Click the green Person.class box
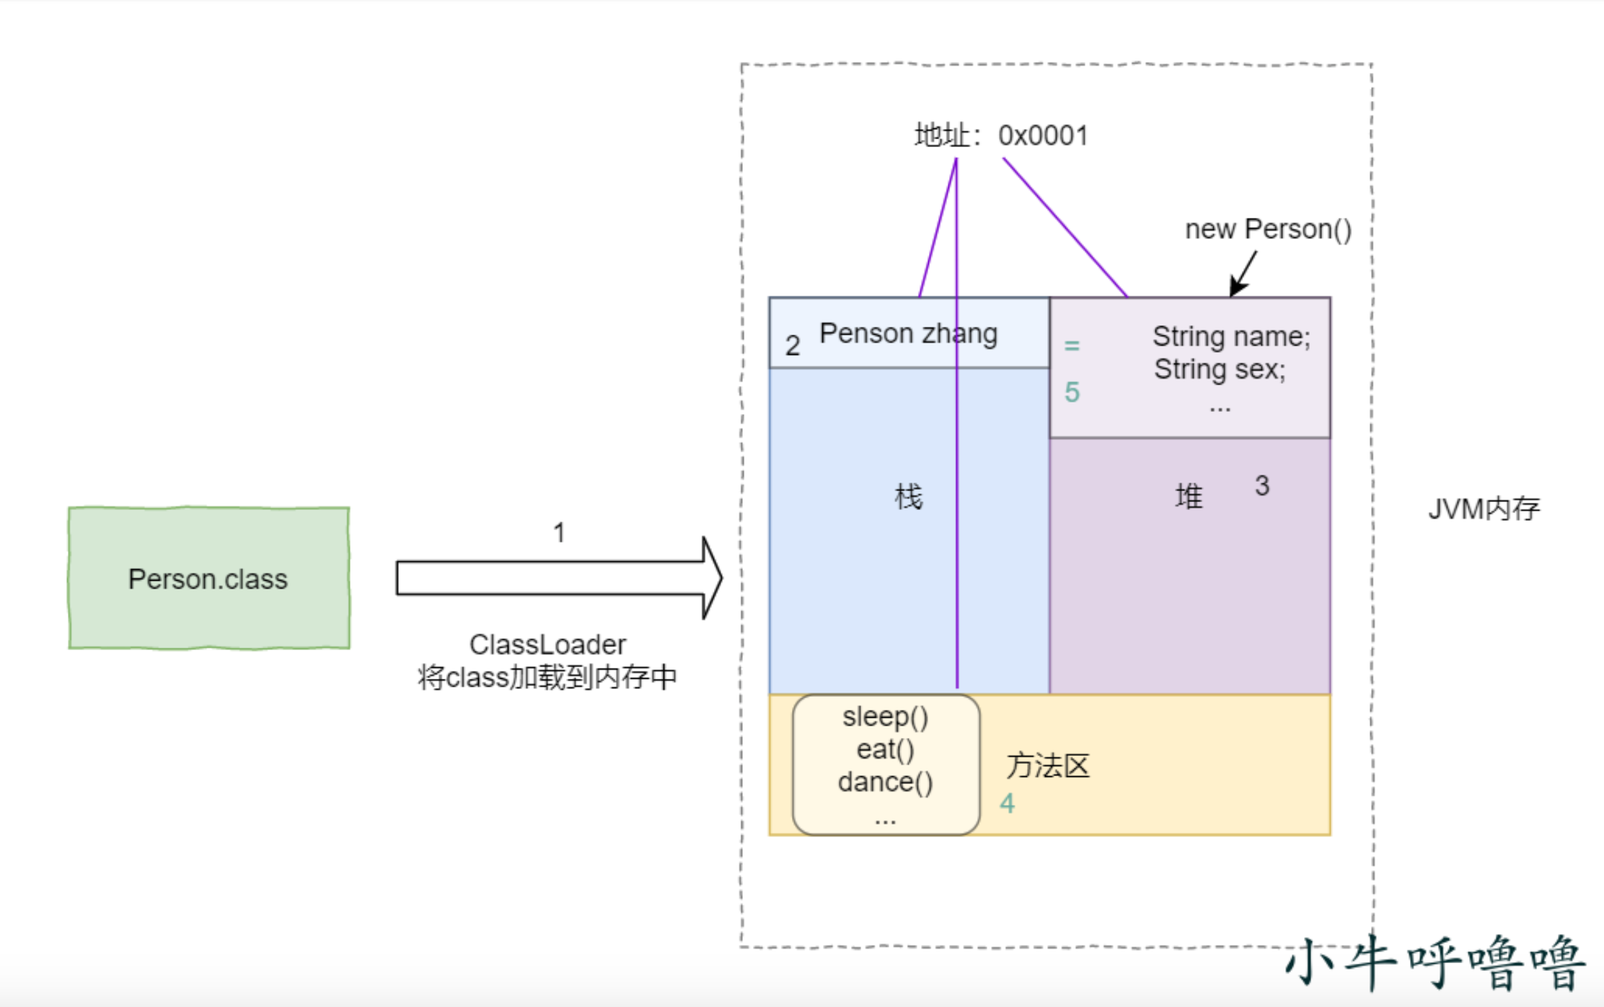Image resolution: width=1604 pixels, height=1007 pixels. click(208, 579)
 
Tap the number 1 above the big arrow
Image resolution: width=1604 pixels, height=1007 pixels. click(559, 533)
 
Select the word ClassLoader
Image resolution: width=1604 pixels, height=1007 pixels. click(547, 644)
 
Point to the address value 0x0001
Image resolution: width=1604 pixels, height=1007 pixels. click(1043, 136)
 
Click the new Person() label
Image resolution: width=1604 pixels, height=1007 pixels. click(1268, 229)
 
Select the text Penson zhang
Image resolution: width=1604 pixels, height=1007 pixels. click(908, 333)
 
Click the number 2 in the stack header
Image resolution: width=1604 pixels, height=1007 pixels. click(793, 346)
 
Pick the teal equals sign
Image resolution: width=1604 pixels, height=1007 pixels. click(1072, 346)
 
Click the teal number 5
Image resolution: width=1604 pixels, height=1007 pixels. click(1072, 392)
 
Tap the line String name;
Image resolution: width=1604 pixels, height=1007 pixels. click(1230, 337)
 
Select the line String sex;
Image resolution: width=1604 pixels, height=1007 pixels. click(1220, 369)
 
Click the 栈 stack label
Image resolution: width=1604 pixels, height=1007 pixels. click(908, 497)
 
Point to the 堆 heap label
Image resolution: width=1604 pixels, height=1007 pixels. click(1189, 497)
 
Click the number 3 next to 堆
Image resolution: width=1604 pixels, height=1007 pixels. click(1261, 485)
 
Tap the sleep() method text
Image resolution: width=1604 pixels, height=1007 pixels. click(885, 717)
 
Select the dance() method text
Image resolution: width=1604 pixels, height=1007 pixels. click(885, 782)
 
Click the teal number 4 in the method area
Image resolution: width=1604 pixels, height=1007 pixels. click(1007, 804)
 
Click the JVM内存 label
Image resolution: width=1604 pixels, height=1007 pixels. click(1484, 509)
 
